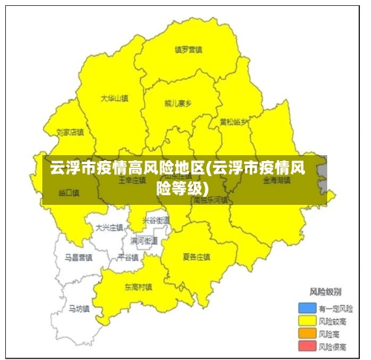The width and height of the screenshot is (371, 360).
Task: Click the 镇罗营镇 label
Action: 188,50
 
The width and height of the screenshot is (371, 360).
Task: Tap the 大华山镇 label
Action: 114,97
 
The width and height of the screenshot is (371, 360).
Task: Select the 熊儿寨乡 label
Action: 178,104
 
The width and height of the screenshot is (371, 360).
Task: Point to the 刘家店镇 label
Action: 69,133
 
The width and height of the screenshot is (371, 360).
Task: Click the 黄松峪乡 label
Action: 234,122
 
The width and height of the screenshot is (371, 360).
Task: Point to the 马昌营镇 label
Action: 77,258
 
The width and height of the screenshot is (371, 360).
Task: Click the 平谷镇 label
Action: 128,257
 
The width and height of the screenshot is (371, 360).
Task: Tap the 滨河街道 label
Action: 144,241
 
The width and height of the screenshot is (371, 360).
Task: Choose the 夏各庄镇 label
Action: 197,257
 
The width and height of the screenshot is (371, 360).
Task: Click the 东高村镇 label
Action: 138,287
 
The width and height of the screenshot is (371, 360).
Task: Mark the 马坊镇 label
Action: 78,308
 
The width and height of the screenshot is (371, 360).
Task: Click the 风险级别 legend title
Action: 324,291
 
